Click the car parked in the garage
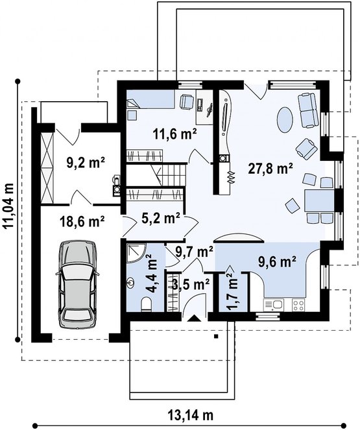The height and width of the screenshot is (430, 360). (78, 284)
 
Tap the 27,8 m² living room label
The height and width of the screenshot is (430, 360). (270, 169)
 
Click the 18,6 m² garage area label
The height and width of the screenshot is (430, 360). (82, 221)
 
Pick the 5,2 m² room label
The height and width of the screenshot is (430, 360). (161, 219)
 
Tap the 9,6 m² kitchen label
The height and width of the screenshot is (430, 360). (277, 262)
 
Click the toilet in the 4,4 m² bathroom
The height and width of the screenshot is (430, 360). (146, 305)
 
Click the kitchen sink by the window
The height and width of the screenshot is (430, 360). (274, 305)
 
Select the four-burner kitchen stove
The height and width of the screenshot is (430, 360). (298, 305)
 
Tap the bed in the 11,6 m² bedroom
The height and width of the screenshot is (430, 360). (150, 99)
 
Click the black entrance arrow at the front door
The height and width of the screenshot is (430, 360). (194, 318)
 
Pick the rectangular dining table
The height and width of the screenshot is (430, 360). (319, 201)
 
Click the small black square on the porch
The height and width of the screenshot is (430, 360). (216, 336)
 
